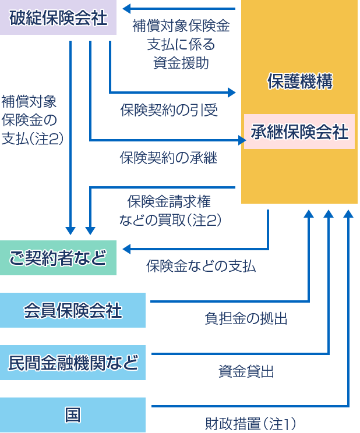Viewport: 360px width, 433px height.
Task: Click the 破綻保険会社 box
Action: click(58, 18)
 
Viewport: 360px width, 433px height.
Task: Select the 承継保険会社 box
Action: click(299, 132)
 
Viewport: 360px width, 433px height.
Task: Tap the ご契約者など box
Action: click(58, 257)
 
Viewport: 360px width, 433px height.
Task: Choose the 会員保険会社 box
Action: click(73, 310)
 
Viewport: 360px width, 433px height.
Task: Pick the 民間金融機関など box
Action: click(73, 363)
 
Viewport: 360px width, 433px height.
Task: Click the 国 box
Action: click(73, 415)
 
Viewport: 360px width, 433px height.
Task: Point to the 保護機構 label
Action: click(299, 82)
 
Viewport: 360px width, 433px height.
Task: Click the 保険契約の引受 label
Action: click(168, 110)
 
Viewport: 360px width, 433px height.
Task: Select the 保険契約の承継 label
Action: click(168, 157)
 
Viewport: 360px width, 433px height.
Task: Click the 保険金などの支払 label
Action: click(201, 266)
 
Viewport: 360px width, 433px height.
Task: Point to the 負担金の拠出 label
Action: click(245, 318)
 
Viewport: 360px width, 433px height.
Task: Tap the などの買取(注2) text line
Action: click(170, 219)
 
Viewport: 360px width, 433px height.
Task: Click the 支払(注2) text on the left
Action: click(32, 139)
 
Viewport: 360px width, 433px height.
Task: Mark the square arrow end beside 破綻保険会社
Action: click(126, 8)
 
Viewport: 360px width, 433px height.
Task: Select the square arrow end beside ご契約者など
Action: click(126, 250)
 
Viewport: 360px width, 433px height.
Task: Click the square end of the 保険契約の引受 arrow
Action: click(232, 92)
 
